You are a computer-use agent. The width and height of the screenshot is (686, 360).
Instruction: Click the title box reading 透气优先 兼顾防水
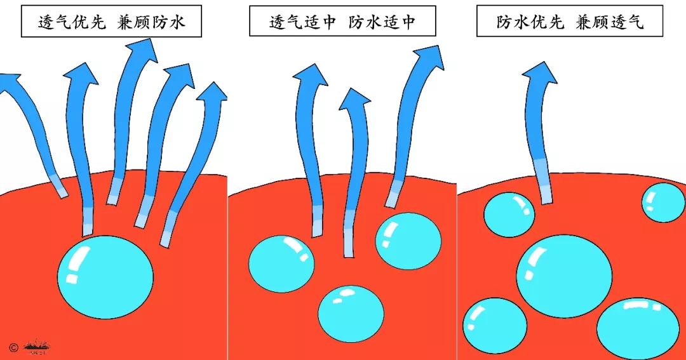click(x=111, y=22)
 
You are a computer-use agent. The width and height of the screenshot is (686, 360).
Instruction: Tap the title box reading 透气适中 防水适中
click(x=342, y=22)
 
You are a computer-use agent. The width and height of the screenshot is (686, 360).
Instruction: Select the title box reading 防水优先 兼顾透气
click(x=570, y=22)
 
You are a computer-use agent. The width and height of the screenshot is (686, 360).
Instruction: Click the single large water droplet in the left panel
click(x=105, y=277)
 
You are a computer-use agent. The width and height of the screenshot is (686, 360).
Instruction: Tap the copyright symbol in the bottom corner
click(x=13, y=347)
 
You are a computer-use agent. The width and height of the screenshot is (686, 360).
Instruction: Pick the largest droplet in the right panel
click(x=564, y=276)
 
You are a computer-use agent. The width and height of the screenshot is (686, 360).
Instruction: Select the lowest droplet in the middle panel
click(x=351, y=313)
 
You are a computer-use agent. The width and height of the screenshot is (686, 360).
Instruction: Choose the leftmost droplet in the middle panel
click(x=281, y=262)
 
